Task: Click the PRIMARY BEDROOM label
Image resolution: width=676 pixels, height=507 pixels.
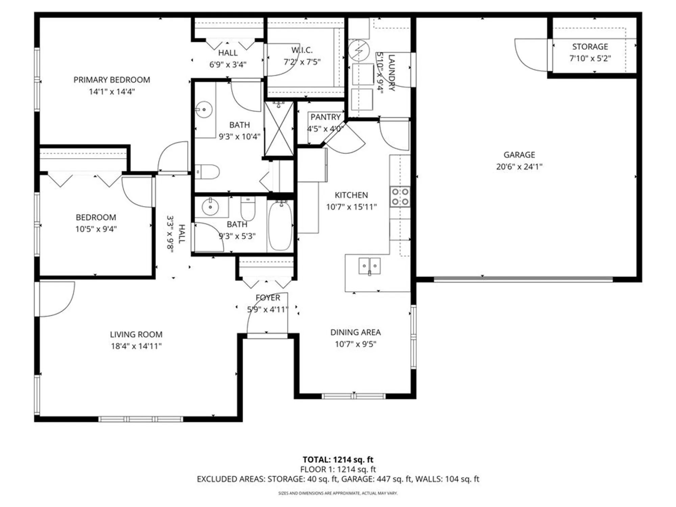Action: pos(112,80)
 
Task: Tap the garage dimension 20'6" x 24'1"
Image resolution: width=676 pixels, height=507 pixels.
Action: pos(519,167)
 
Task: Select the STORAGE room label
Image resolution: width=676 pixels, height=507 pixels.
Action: pos(590,47)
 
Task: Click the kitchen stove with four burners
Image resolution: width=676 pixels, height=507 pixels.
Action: pos(400,197)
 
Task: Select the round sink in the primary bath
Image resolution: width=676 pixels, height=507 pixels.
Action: pos(204,110)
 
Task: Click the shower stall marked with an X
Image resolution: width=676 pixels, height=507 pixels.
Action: pos(279,129)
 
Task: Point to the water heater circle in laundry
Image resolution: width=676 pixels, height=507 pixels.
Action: pos(359,50)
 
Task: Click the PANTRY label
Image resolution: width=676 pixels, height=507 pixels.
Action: pos(325,117)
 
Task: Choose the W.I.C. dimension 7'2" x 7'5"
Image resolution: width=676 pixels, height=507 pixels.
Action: pos(302,62)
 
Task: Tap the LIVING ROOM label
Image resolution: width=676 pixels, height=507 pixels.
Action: pos(136,334)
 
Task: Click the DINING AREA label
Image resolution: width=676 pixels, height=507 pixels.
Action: pos(355,332)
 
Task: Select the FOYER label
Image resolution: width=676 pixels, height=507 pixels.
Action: pos(268,298)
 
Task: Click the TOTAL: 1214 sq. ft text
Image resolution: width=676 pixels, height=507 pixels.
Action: pos(338,460)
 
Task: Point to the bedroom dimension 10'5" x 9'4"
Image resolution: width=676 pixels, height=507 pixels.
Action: pos(96,229)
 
